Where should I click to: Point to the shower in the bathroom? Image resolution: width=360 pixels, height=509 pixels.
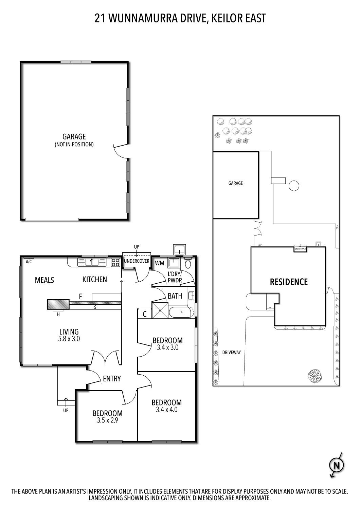coord(160,310)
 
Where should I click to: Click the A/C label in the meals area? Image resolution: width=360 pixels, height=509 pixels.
coord(29,262)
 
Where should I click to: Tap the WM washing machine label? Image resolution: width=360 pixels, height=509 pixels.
coord(160,263)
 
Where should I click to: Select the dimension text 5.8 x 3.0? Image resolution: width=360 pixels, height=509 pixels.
coord(69,338)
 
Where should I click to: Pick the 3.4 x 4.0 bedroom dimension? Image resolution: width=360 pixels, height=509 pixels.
coord(166,410)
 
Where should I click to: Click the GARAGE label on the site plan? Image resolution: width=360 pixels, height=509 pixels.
coord(235,183)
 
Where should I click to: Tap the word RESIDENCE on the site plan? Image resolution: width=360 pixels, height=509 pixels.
coord(289,282)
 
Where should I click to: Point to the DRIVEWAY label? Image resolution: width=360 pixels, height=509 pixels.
coord(232,352)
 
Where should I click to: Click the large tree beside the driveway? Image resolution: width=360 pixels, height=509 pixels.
coord(315,375)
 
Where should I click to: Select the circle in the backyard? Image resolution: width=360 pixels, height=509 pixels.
coord(294,186)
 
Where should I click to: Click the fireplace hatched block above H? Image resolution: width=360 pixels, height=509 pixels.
coord(58,305)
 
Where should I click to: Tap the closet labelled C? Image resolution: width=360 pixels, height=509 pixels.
coord(144,314)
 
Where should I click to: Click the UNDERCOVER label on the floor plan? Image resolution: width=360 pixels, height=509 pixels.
coord(137,261)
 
